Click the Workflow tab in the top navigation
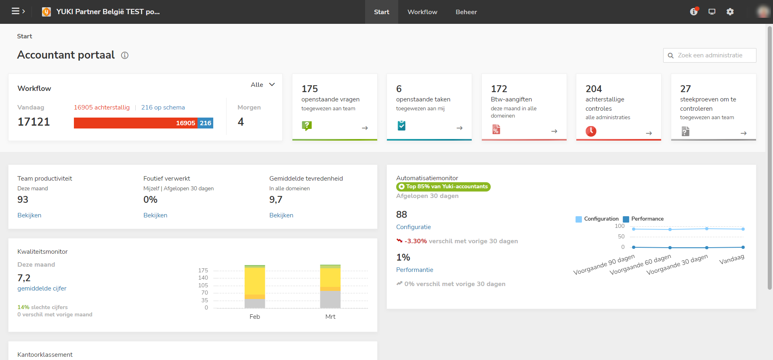(x=422, y=12)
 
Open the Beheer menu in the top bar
(x=466, y=12)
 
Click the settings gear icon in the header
(x=730, y=12)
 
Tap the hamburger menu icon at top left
(x=16, y=11)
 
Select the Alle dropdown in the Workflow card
(x=263, y=85)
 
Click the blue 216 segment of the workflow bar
(x=206, y=123)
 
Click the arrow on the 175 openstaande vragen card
(x=365, y=128)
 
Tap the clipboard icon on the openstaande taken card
(x=401, y=126)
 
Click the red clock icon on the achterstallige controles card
(x=591, y=131)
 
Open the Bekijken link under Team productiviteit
(x=29, y=215)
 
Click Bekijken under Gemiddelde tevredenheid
(x=281, y=215)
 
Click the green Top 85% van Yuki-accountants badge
(x=443, y=187)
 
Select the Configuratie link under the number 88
(x=413, y=227)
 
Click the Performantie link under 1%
(x=414, y=270)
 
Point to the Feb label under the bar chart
(x=254, y=317)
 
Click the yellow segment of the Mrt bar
(x=330, y=278)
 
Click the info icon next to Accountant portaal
(x=125, y=55)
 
